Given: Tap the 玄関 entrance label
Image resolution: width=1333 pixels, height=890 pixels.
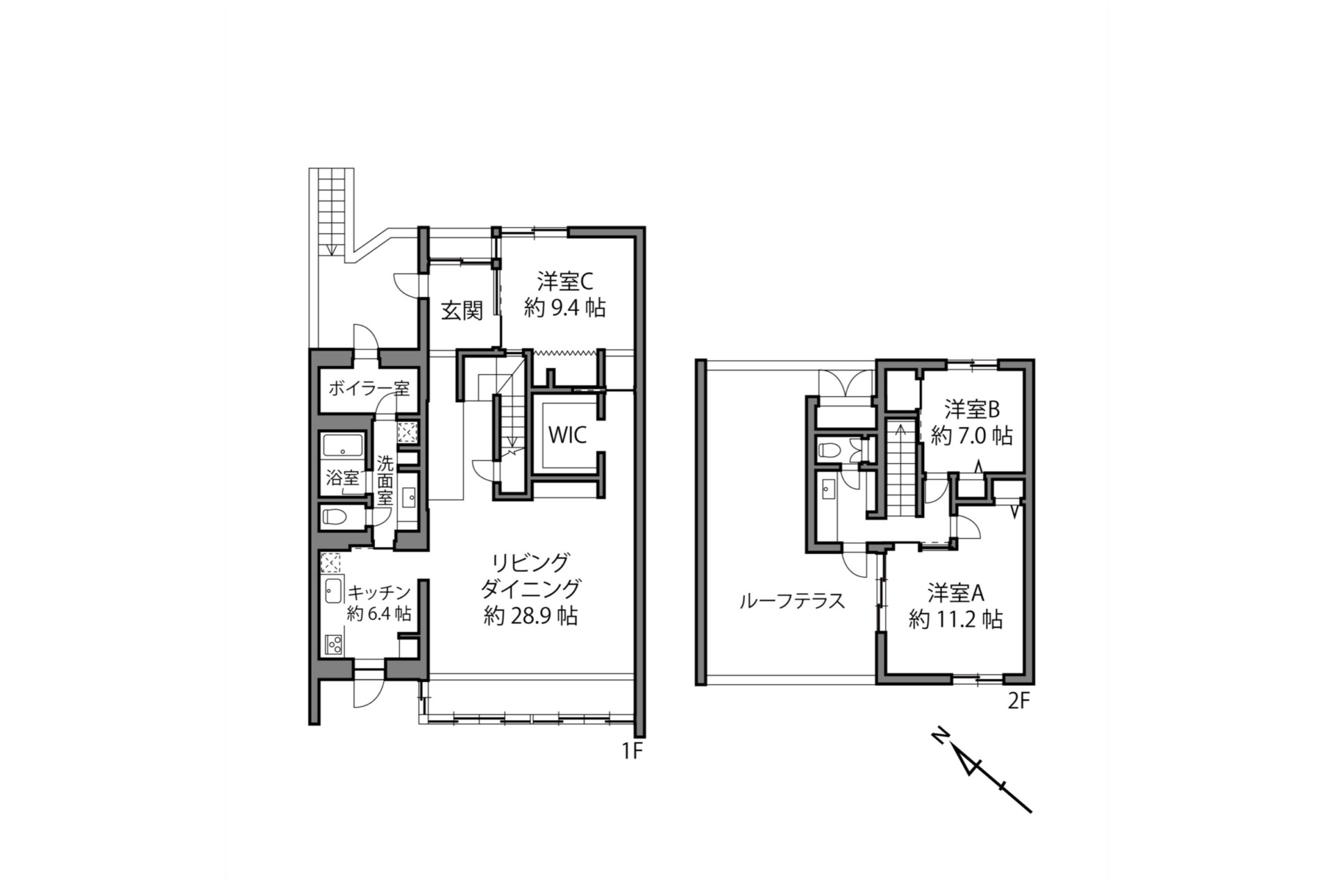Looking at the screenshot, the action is [462, 310].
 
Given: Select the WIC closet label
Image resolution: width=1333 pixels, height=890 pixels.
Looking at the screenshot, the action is [567, 435].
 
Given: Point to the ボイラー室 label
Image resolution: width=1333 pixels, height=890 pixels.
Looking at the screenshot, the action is [369, 388].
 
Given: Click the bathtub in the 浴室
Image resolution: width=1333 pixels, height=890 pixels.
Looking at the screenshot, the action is [344, 446].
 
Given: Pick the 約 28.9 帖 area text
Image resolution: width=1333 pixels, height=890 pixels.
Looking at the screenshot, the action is [530, 616].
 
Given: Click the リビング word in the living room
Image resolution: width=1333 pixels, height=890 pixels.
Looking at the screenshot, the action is [530, 561].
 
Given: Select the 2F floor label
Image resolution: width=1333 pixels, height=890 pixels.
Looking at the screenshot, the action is [1018, 701].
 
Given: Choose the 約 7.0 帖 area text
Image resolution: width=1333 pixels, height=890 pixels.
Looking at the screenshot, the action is [971, 436].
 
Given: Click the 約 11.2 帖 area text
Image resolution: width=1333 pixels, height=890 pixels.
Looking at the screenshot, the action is [956, 619].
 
